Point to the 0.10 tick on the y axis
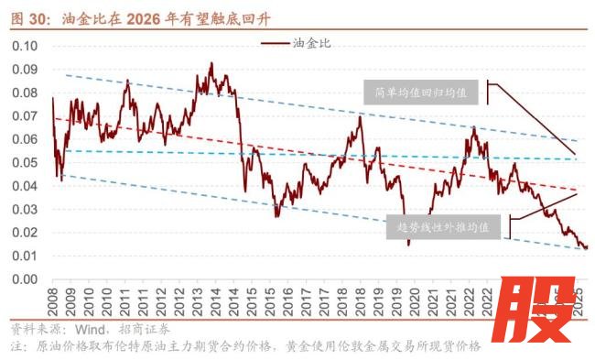pyautogui.click(x=25, y=46)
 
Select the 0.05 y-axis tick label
pyautogui.click(x=25, y=162)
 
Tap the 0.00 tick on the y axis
pyautogui.click(x=25, y=279)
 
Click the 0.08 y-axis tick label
pyautogui.click(x=25, y=93)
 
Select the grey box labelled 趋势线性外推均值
pyautogui.click(x=442, y=224)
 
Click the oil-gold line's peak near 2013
pyautogui.click(x=211, y=63)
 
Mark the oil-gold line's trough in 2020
pyautogui.click(x=408, y=244)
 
